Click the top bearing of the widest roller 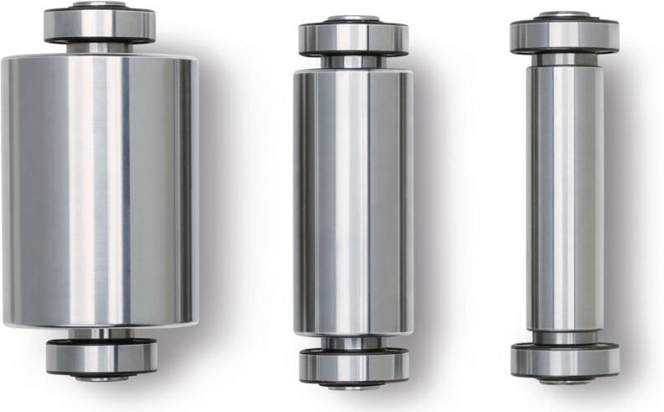pyautogui.click(x=99, y=25)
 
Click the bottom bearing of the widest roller pyautogui.click(x=101, y=357)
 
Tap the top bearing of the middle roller pyautogui.click(x=353, y=39)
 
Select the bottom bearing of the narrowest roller pyautogui.click(x=565, y=361)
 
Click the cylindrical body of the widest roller pyautogui.click(x=99, y=189)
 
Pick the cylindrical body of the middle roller pyautogui.click(x=353, y=202)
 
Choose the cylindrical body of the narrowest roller pyautogui.click(x=564, y=198)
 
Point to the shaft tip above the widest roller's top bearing pyautogui.click(x=99, y=5)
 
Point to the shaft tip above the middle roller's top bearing pyautogui.click(x=353, y=18)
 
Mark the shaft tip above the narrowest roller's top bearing pyautogui.click(x=564, y=15)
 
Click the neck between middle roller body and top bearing pyautogui.click(x=353, y=62)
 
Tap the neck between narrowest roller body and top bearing pyautogui.click(x=564, y=59)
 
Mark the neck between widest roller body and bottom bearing pyautogui.click(x=101, y=334)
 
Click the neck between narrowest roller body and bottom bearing pyautogui.click(x=565, y=338)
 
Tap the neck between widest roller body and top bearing pyautogui.click(x=99, y=48)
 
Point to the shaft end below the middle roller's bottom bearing pyautogui.click(x=354, y=386)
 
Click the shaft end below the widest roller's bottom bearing pyautogui.click(x=101, y=378)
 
